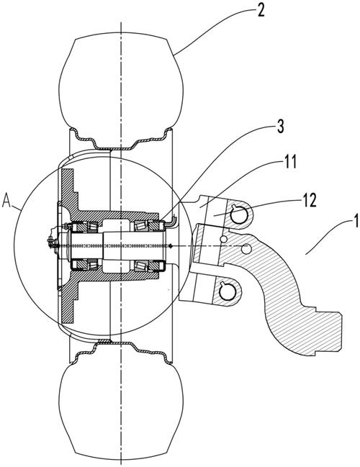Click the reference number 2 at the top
coord(261,11)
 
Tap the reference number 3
coord(280,127)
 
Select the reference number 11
coord(290,163)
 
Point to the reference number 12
coord(309,201)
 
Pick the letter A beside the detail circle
coord(6,201)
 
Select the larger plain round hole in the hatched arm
coord(246,249)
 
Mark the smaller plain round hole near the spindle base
coord(222,239)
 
